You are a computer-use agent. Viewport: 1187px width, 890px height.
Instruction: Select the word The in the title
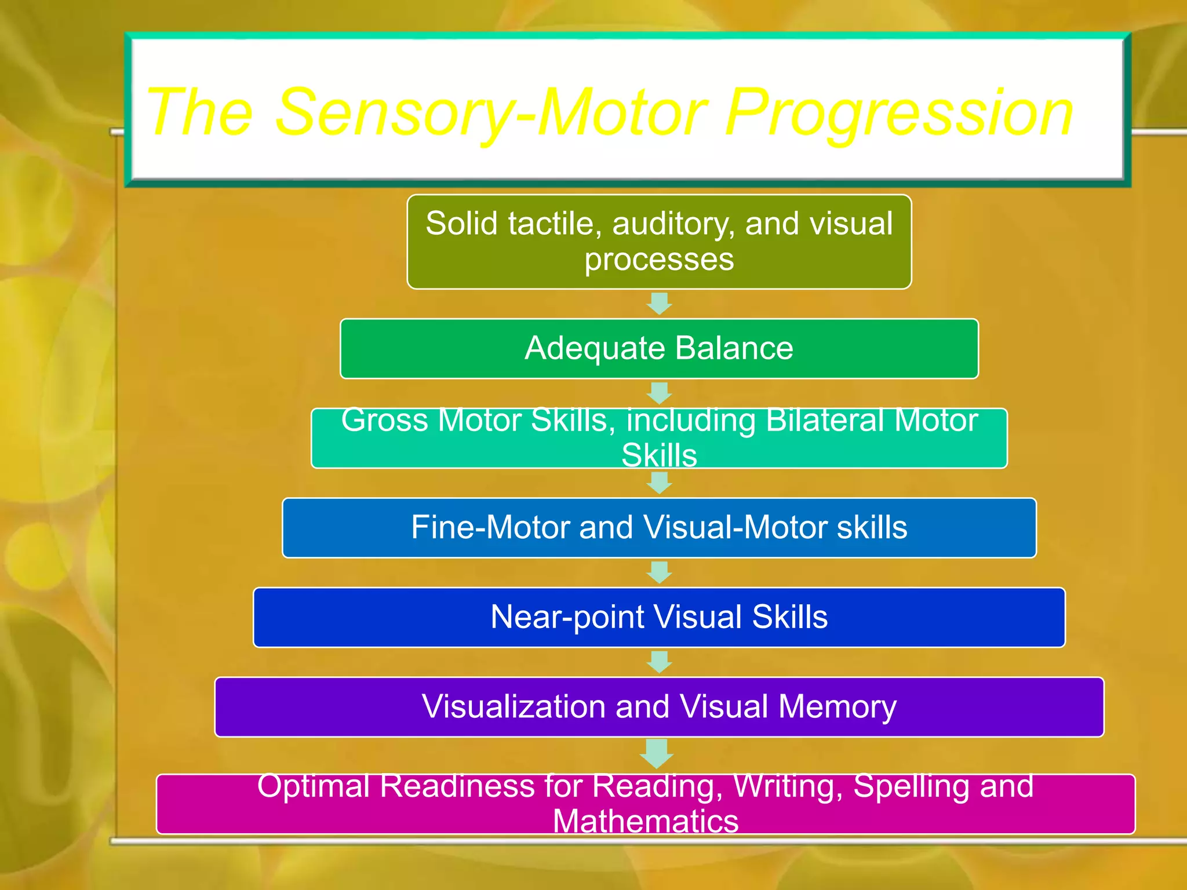click(200, 113)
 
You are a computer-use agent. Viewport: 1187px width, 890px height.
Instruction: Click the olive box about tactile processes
click(659, 242)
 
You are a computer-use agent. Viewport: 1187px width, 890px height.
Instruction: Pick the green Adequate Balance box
click(659, 349)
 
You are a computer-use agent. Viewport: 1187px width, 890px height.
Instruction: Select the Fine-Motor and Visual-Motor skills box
click(659, 528)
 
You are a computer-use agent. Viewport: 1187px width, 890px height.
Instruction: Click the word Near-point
click(567, 617)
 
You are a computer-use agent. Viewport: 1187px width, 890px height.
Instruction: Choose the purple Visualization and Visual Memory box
click(659, 707)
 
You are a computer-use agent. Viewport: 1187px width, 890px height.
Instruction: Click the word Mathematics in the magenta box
click(646, 821)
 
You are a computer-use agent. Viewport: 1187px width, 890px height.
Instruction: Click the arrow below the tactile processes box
click(659, 303)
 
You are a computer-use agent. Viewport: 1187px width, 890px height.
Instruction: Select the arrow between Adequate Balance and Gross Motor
click(659, 392)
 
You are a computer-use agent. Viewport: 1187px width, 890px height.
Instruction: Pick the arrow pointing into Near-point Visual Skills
click(659, 572)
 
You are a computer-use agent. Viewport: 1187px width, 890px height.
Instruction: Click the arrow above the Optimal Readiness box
click(657, 753)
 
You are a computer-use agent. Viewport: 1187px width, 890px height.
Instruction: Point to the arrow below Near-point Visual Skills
click(659, 662)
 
